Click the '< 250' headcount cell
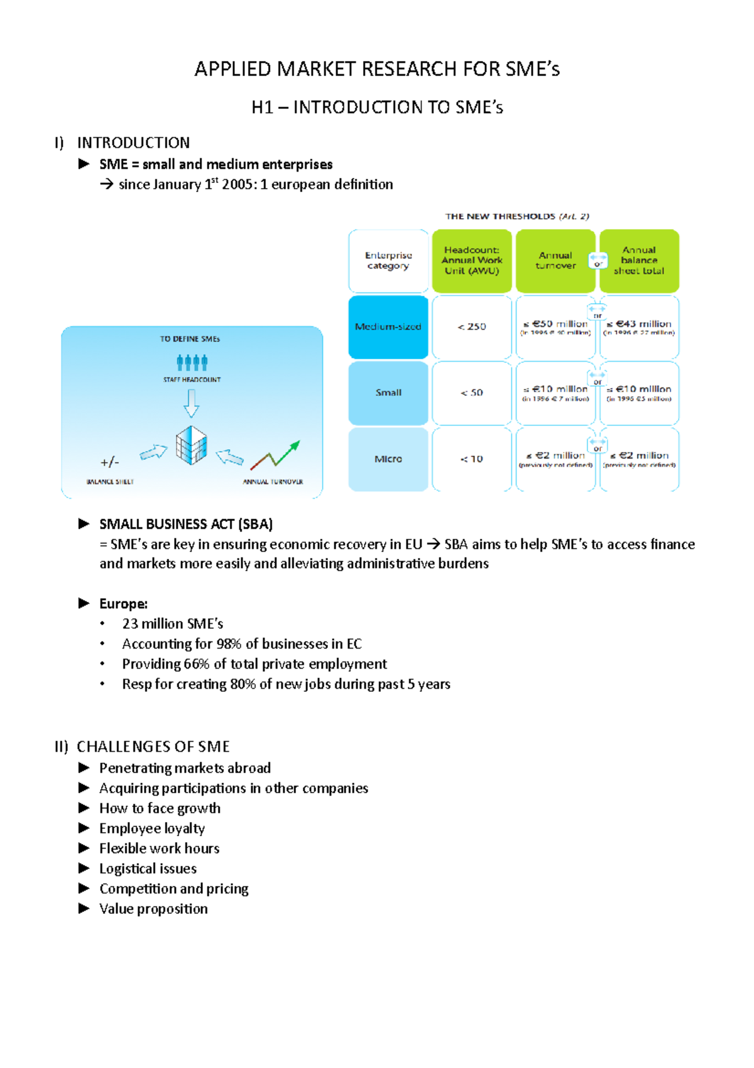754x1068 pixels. (x=472, y=326)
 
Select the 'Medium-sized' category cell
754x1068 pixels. (x=388, y=326)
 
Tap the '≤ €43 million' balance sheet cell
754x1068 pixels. (x=639, y=326)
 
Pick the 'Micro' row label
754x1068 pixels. (x=388, y=459)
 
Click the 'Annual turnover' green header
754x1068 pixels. (x=555, y=260)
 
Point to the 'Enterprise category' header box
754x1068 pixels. (x=388, y=260)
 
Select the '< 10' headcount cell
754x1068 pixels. (x=472, y=459)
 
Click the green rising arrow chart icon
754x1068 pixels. (x=276, y=455)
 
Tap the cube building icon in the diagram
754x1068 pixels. (x=192, y=445)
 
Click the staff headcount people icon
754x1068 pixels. (x=192, y=362)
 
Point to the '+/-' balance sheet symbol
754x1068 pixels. (x=109, y=462)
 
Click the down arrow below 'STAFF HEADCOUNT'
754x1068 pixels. (x=192, y=403)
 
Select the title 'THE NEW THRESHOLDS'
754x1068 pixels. (x=500, y=216)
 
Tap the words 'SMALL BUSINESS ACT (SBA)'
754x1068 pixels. (x=186, y=524)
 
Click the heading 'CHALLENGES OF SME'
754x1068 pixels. (x=153, y=747)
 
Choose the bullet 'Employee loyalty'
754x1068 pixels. (x=152, y=828)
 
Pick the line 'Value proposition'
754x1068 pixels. (x=153, y=909)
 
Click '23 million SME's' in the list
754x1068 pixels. (x=173, y=624)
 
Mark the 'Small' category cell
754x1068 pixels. (x=388, y=392)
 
